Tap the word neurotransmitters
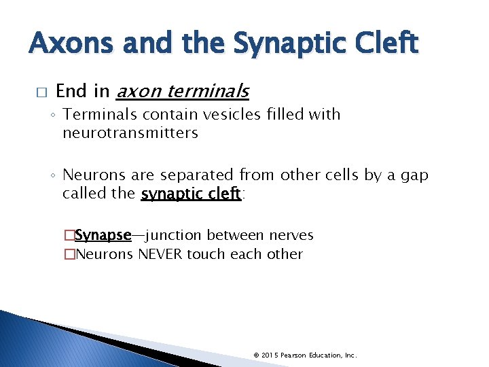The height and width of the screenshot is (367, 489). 130,133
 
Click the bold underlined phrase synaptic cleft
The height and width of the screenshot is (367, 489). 191,194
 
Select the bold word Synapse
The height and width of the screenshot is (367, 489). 103,235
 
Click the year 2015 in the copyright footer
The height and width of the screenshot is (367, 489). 269,355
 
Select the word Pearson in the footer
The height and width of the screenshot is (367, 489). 294,355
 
